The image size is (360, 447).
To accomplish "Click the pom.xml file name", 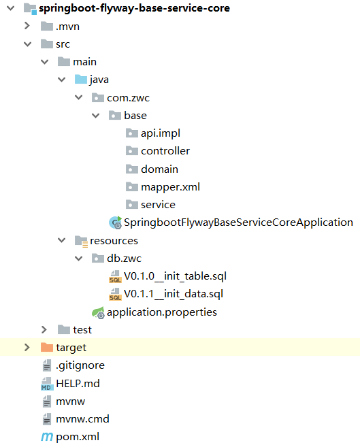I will point(77,437).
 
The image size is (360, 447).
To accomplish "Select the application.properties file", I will point(161,312).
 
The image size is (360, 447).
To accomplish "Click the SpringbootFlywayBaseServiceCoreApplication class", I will point(238,222).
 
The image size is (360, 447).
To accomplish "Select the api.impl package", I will point(160,133).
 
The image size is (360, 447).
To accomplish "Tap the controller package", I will point(165,151).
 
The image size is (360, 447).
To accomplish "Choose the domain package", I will point(159,169).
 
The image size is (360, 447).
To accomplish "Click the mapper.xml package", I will point(170,186).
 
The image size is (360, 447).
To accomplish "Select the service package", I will point(158,205).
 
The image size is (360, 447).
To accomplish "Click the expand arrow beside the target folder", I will point(27,348).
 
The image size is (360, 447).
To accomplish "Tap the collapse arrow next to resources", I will point(62,241).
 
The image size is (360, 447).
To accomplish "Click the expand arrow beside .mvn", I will point(27,26).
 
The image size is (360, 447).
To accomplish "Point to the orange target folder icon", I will point(47,348).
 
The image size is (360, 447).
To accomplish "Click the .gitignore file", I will point(80,365).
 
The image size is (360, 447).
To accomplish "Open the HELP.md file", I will point(78,384).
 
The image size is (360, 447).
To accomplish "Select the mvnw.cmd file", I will point(82,419).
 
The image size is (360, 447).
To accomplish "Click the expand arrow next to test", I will point(44,330).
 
